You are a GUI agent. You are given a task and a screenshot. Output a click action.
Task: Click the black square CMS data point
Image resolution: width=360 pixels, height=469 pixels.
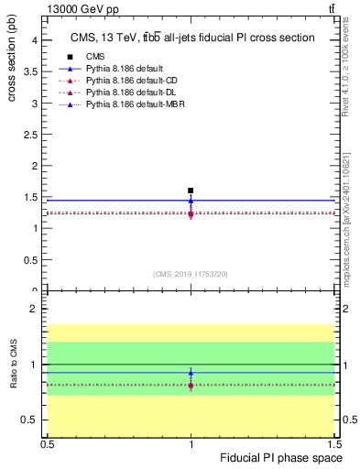(x=191, y=191)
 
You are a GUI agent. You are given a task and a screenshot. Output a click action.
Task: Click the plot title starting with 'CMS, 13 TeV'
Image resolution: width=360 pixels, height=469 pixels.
(x=192, y=38)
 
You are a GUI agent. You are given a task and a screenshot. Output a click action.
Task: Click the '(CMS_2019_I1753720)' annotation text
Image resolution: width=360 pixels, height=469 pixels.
(x=191, y=274)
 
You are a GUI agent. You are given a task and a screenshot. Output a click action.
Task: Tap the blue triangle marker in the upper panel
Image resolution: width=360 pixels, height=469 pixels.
(x=191, y=200)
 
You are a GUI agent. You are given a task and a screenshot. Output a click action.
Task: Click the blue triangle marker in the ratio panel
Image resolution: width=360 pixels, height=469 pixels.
(x=191, y=373)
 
